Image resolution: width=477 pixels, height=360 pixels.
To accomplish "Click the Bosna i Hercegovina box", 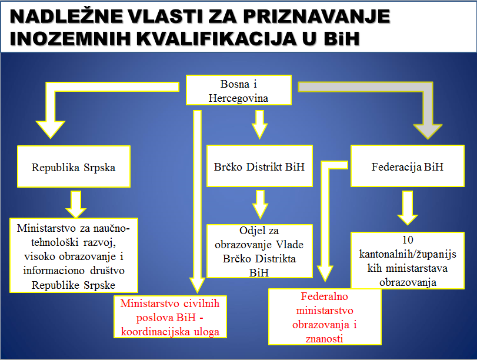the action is [239, 90].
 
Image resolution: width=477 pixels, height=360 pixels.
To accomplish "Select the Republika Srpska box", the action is [74, 166].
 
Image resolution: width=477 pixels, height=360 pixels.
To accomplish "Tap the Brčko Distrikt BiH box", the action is [259, 166].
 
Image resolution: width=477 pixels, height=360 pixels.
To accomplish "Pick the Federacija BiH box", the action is [408, 166].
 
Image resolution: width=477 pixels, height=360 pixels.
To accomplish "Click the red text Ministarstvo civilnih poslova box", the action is [170, 317].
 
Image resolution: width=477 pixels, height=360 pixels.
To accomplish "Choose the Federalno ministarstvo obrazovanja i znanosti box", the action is [325, 317].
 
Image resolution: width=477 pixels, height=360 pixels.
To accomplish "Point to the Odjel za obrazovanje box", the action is [259, 251].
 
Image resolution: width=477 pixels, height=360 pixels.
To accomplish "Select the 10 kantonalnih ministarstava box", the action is [408, 261].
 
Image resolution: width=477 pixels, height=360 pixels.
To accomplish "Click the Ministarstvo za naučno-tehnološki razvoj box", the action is [74, 255].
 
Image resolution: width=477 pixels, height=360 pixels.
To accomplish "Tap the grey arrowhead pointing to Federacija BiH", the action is [428, 131].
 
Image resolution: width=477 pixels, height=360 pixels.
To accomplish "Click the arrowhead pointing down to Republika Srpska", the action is [51, 129].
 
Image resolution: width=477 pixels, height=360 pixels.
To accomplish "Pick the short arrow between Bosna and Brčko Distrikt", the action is [259, 125].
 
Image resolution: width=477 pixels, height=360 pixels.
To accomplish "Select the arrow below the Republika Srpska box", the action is [76, 204].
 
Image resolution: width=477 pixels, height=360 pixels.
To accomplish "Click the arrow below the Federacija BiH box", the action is [408, 208].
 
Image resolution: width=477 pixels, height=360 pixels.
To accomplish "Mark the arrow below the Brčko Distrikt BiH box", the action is [260, 205].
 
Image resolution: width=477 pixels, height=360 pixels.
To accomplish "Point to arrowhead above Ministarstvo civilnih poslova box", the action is [197, 285].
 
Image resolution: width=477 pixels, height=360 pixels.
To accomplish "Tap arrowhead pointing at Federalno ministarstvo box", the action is [325, 274].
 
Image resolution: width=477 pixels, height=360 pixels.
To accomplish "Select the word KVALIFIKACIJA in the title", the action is [216, 39].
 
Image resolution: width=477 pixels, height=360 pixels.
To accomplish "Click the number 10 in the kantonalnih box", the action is [408, 240].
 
